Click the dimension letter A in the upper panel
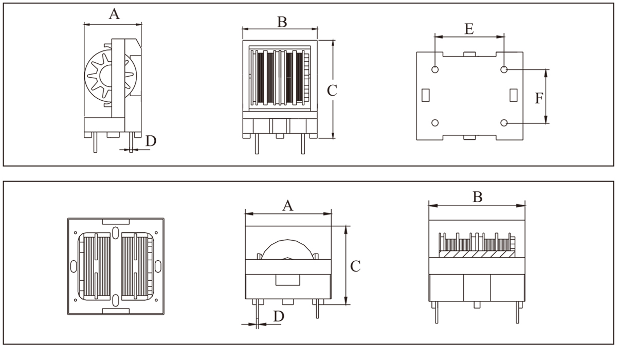point(114,14)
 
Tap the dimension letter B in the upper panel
point(282,22)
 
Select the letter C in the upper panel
point(332,91)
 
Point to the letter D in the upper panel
point(151,141)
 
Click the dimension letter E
point(469,29)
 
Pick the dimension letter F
point(538,98)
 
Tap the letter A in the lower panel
point(288,206)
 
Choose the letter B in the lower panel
point(478,197)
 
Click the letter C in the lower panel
point(355,266)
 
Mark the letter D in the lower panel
point(278,316)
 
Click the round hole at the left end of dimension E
point(435,69)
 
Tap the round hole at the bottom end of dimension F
point(504,123)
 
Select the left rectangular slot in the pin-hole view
point(425,95)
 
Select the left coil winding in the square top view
point(96,266)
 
